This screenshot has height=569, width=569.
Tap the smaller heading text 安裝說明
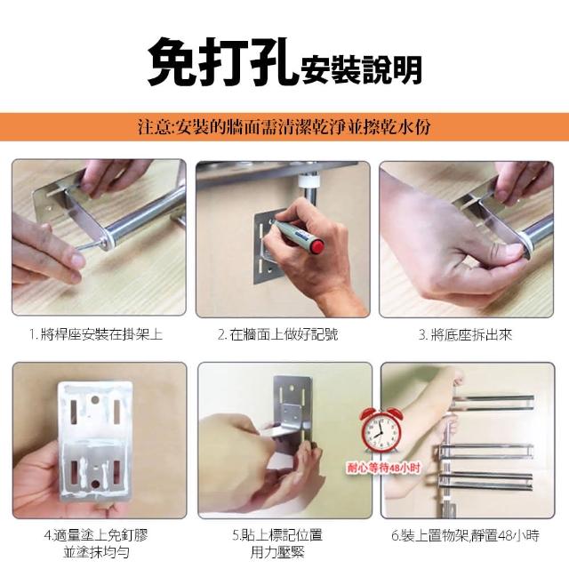pyautogui.click(x=362, y=69)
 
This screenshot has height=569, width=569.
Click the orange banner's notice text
pyautogui.click(x=284, y=126)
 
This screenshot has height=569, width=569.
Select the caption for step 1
pyautogui.click(x=96, y=334)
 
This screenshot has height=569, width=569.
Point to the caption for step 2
pyautogui.click(x=278, y=334)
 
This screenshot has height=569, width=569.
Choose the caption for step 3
pyautogui.click(x=465, y=334)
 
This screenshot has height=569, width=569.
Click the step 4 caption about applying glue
pyautogui.click(x=96, y=543)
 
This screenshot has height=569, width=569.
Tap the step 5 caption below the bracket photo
pyautogui.click(x=277, y=543)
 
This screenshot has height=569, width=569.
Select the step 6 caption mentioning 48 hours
pyautogui.click(x=465, y=535)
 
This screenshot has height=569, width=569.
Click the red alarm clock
pyautogui.click(x=381, y=430)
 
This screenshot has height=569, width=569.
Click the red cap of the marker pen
pyautogui.click(x=318, y=247)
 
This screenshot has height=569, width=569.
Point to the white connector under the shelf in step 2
pyautogui.click(x=308, y=180)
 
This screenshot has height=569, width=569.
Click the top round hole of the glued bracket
pyautogui.click(x=94, y=400)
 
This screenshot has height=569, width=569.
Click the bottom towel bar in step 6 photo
pyautogui.click(x=486, y=479)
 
